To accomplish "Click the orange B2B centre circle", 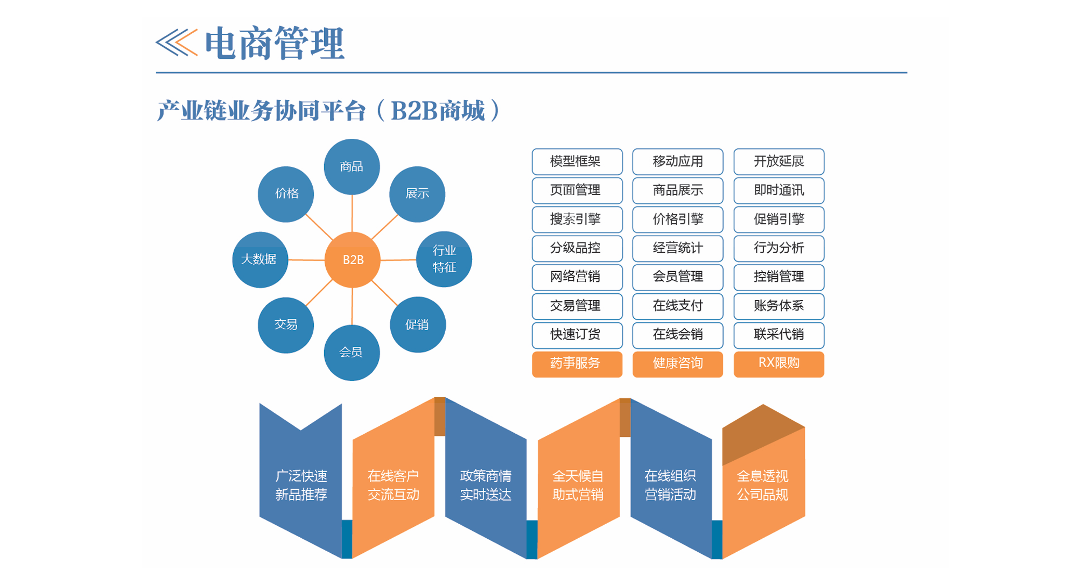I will [352, 259].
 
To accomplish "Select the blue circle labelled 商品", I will [352, 166].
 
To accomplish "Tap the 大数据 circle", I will [260, 259].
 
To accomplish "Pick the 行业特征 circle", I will [444, 259].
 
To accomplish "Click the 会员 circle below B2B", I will [352, 353].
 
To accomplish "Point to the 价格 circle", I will [286, 194].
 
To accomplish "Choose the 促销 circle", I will [417, 325].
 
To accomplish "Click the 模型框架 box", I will [577, 162].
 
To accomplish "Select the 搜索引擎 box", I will [577, 219].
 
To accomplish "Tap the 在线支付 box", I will [677, 306].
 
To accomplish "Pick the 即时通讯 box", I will [779, 191].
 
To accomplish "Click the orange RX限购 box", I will [779, 363].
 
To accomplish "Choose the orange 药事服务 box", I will [577, 363].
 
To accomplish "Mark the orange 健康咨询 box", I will [677, 363].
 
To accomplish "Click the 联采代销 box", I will [779, 335].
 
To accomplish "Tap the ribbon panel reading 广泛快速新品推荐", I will [301, 485].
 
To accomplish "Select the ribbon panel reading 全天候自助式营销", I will [578, 485].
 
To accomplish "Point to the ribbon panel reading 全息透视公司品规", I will [763, 485].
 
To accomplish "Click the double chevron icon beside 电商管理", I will [177, 43].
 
